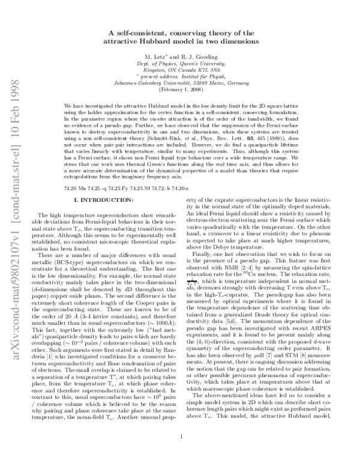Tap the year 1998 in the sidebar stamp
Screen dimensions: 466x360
(13, 31)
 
